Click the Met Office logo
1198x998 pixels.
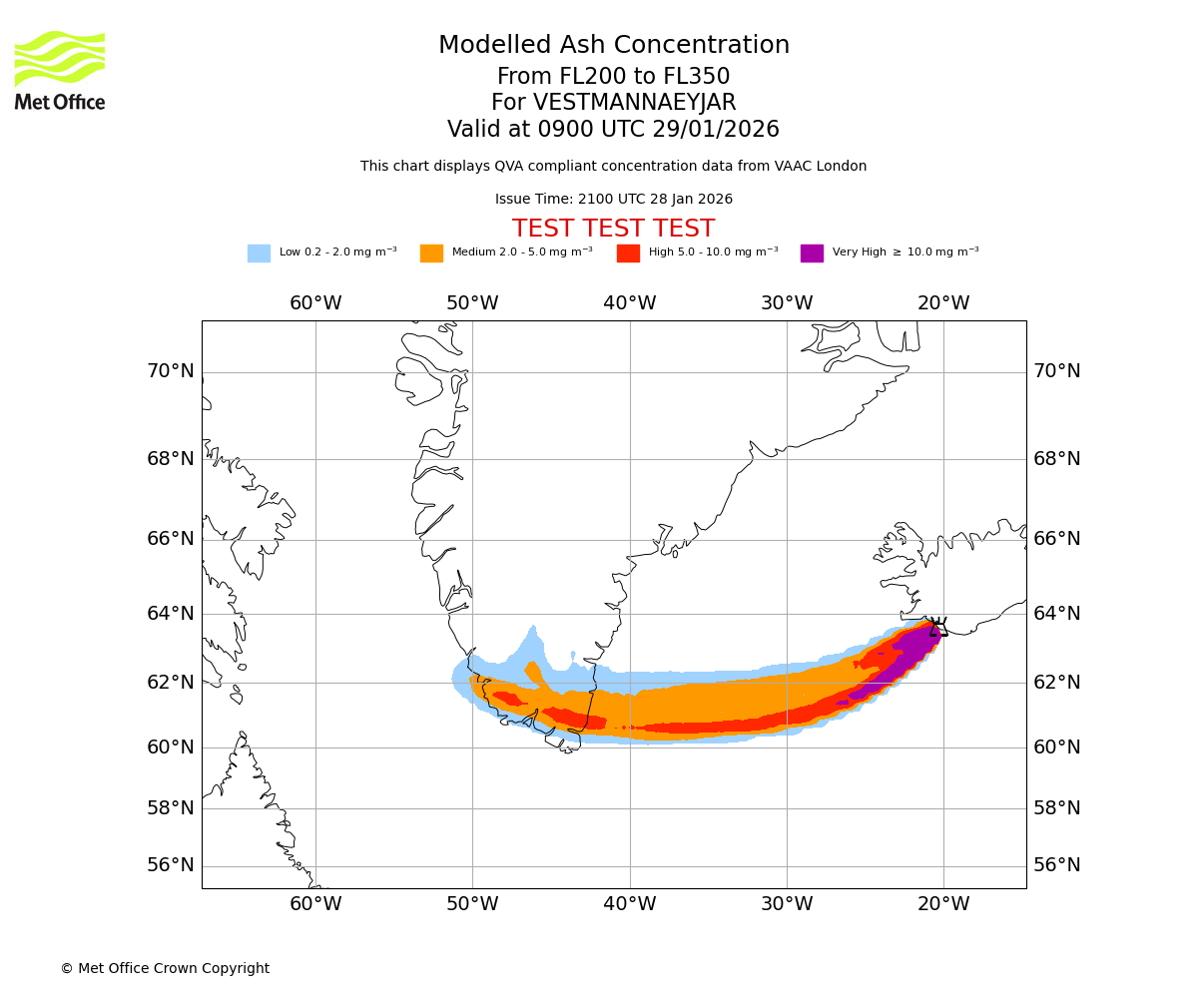pyautogui.click(x=60, y=70)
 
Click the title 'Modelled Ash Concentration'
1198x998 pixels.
pyautogui.click(x=614, y=45)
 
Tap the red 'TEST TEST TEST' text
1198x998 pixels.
pyautogui.click(x=614, y=229)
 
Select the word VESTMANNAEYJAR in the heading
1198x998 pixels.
pyautogui.click(x=635, y=103)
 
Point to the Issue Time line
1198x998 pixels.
pyautogui.click(x=614, y=199)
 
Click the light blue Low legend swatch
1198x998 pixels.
pyautogui.click(x=259, y=252)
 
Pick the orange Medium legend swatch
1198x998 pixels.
pyautogui.click(x=431, y=252)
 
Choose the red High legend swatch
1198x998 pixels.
pyautogui.click(x=628, y=252)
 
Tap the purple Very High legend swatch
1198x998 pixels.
pyautogui.click(x=812, y=252)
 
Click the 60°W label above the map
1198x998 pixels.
pyautogui.click(x=315, y=303)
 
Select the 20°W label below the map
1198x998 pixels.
pyautogui.click(x=943, y=904)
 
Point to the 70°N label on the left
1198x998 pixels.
pyautogui.click(x=171, y=371)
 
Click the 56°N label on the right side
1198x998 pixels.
pyautogui.click(x=1057, y=865)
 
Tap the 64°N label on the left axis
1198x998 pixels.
pyautogui.click(x=171, y=613)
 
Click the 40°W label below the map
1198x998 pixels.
pyautogui.click(x=630, y=904)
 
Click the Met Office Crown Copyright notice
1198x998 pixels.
pyautogui.click(x=165, y=968)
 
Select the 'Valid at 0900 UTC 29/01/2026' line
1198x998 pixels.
pyautogui.click(x=614, y=130)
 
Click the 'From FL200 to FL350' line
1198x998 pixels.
pyautogui.click(x=614, y=77)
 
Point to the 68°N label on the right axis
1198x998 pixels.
pyautogui.click(x=1057, y=459)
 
